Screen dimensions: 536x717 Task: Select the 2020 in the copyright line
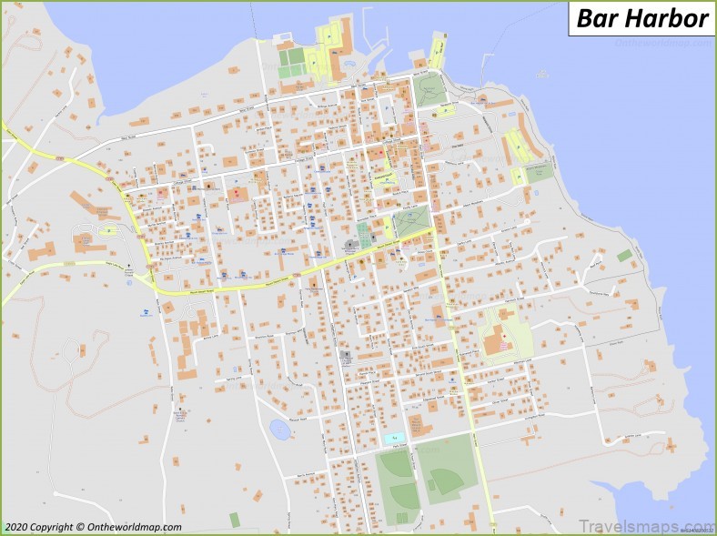pos(15,527)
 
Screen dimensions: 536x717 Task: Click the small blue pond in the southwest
pos(279,430)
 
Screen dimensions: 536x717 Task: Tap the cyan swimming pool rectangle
pos(392,439)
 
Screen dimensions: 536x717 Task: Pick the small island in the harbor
pos(542,73)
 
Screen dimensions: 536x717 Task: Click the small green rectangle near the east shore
pos(624,256)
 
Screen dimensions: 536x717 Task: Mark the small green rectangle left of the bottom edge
pos(235,520)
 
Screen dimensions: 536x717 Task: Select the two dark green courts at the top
pos(291,62)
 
